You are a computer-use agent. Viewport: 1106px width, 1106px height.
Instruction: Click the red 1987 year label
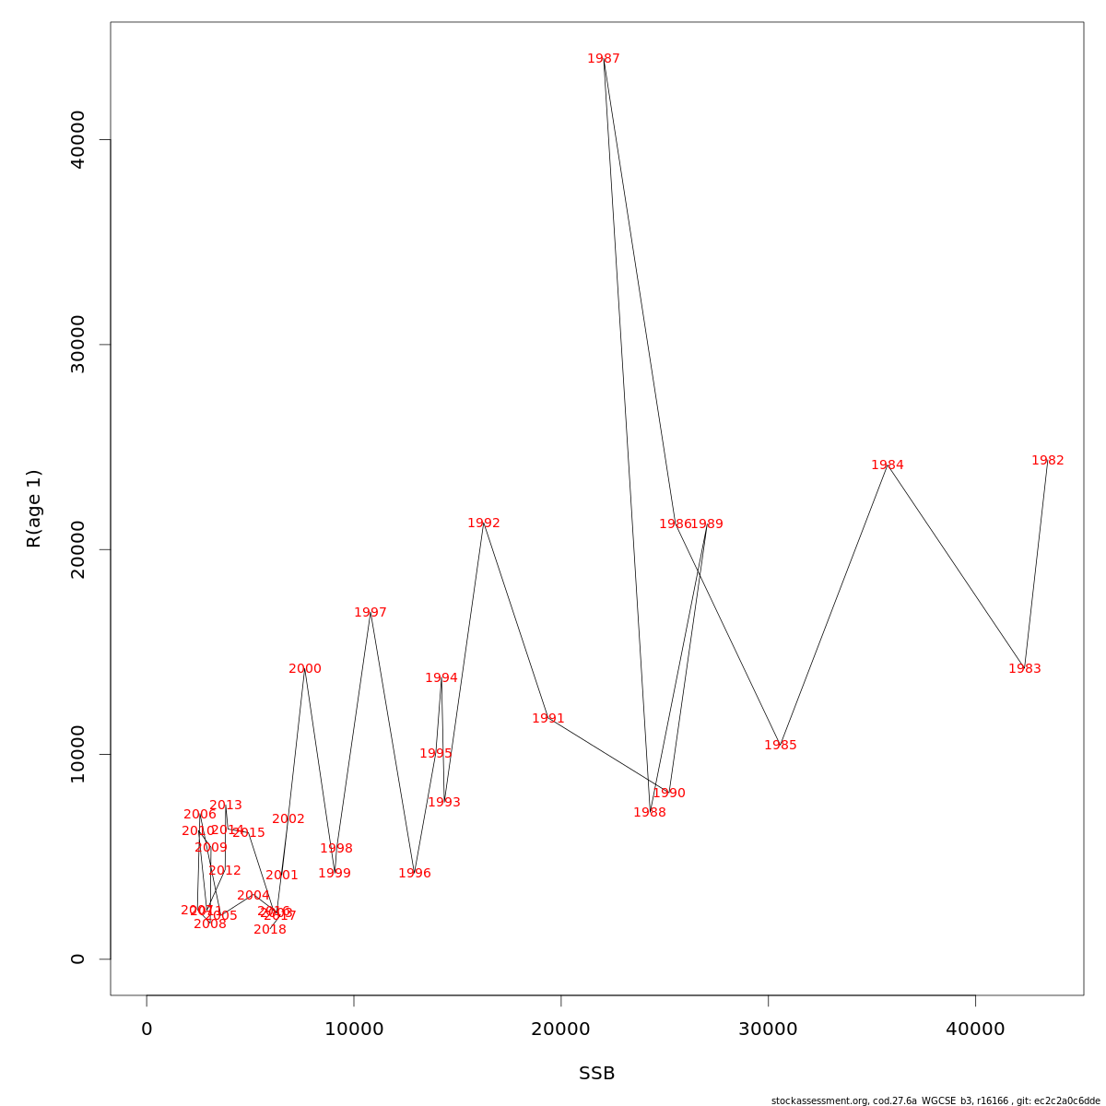point(604,59)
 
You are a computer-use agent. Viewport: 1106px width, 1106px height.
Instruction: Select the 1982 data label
point(1047,461)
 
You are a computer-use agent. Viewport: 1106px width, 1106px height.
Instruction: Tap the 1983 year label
point(1024,669)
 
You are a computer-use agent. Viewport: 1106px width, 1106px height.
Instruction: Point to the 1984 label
point(887,465)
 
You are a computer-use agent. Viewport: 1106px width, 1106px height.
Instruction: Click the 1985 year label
point(780,746)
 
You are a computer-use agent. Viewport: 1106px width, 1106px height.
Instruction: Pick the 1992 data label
point(483,524)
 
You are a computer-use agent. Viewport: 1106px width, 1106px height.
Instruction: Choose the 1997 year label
point(370,613)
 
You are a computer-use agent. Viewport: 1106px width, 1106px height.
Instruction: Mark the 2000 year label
point(304,669)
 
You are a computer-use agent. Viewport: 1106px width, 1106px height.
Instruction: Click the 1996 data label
point(414,874)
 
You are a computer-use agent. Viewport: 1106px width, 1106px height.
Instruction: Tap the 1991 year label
point(547,719)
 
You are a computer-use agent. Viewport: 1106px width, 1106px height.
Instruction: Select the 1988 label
point(649,813)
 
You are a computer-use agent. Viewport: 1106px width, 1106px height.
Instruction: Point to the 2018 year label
point(269,930)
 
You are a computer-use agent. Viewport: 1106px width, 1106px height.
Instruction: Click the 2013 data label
point(225,806)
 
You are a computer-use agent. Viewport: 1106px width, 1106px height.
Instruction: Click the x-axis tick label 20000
point(560,1030)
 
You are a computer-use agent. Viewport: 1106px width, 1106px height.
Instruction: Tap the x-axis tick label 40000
point(975,1030)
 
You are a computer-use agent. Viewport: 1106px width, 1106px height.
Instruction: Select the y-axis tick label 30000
point(78,345)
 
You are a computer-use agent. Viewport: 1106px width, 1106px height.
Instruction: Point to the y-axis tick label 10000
point(78,754)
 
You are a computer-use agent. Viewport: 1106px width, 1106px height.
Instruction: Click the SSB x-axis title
point(596,1074)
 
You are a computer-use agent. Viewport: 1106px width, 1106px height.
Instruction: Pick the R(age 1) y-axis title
point(34,508)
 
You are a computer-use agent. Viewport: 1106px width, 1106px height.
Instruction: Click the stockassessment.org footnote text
point(935,1100)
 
